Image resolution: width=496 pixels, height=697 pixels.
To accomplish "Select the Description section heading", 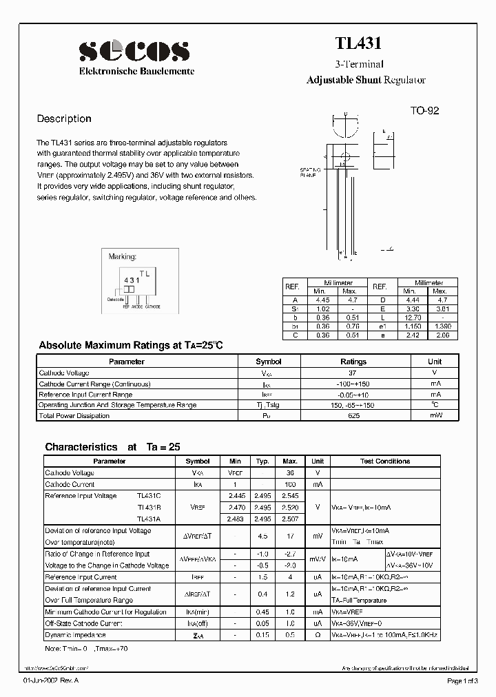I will coord(64,118).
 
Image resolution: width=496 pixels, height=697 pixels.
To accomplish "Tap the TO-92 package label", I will coord(424,111).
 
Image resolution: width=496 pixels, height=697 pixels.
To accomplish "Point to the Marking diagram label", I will coord(123,256).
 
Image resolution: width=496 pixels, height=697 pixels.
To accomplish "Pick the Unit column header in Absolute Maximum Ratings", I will coord(435,362).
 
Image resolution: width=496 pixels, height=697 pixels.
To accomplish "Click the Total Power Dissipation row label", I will coord(74,416).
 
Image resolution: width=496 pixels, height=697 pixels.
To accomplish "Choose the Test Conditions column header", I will coord(385,461).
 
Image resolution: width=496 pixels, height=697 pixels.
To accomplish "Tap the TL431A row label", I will coord(149,519).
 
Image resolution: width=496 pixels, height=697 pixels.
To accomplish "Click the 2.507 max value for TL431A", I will coord(290,519).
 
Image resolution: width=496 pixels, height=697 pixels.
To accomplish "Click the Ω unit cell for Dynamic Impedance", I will coord(318,634).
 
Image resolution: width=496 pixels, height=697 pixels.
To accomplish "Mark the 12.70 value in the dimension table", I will coord(413,317).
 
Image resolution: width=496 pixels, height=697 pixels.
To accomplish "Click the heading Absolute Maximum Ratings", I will coord(132,345).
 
